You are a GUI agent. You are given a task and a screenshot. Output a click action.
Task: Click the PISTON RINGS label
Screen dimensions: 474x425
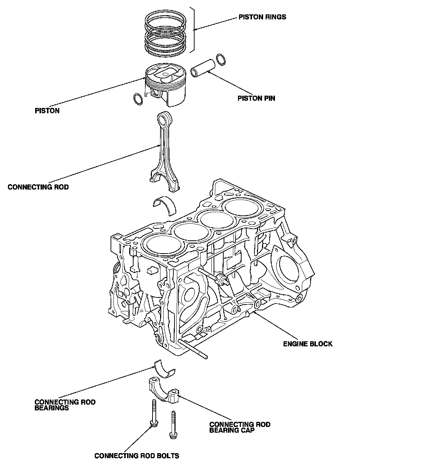(x=262, y=17)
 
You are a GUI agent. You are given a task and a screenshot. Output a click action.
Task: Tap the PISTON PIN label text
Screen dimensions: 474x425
(x=256, y=98)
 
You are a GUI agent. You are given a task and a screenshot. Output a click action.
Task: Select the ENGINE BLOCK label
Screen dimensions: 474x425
(x=308, y=343)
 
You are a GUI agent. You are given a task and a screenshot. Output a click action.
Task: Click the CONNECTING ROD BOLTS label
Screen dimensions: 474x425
(x=137, y=456)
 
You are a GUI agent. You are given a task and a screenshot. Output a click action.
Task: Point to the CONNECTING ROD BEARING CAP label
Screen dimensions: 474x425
(x=240, y=427)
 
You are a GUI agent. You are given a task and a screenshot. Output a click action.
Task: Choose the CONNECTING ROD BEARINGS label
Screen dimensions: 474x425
(x=65, y=405)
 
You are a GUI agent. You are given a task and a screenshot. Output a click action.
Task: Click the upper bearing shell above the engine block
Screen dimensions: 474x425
(x=164, y=204)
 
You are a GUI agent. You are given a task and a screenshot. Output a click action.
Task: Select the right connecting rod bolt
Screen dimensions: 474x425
(x=173, y=425)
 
